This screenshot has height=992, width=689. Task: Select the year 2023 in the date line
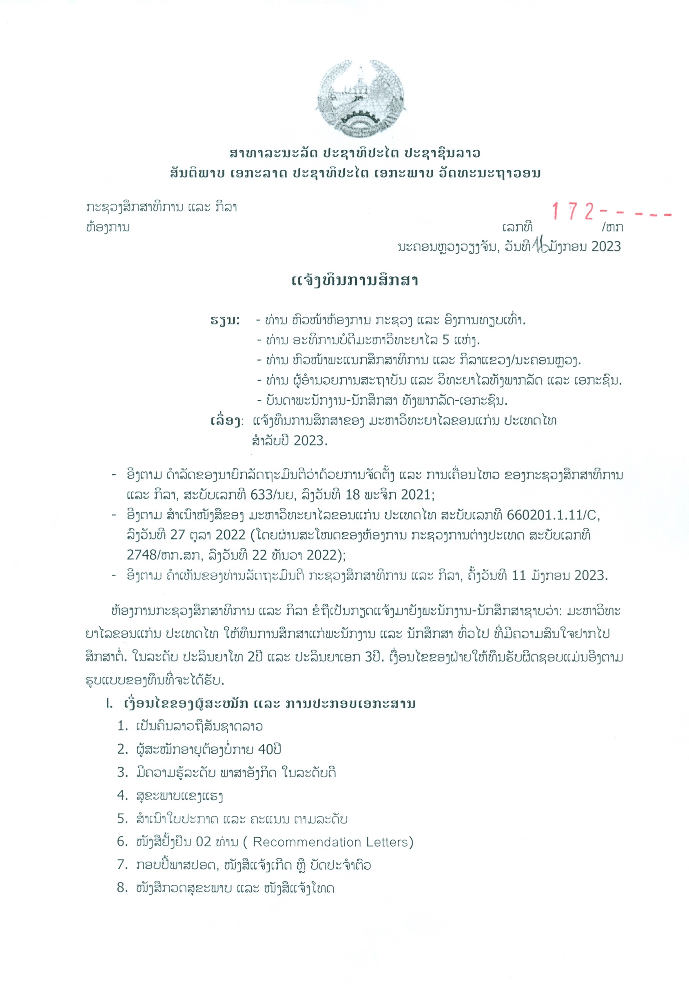click(606, 246)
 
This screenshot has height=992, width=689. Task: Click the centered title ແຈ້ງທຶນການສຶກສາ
click(355, 281)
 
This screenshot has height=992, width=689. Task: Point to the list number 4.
click(122, 795)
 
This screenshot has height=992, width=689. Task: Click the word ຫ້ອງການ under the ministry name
click(108, 227)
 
